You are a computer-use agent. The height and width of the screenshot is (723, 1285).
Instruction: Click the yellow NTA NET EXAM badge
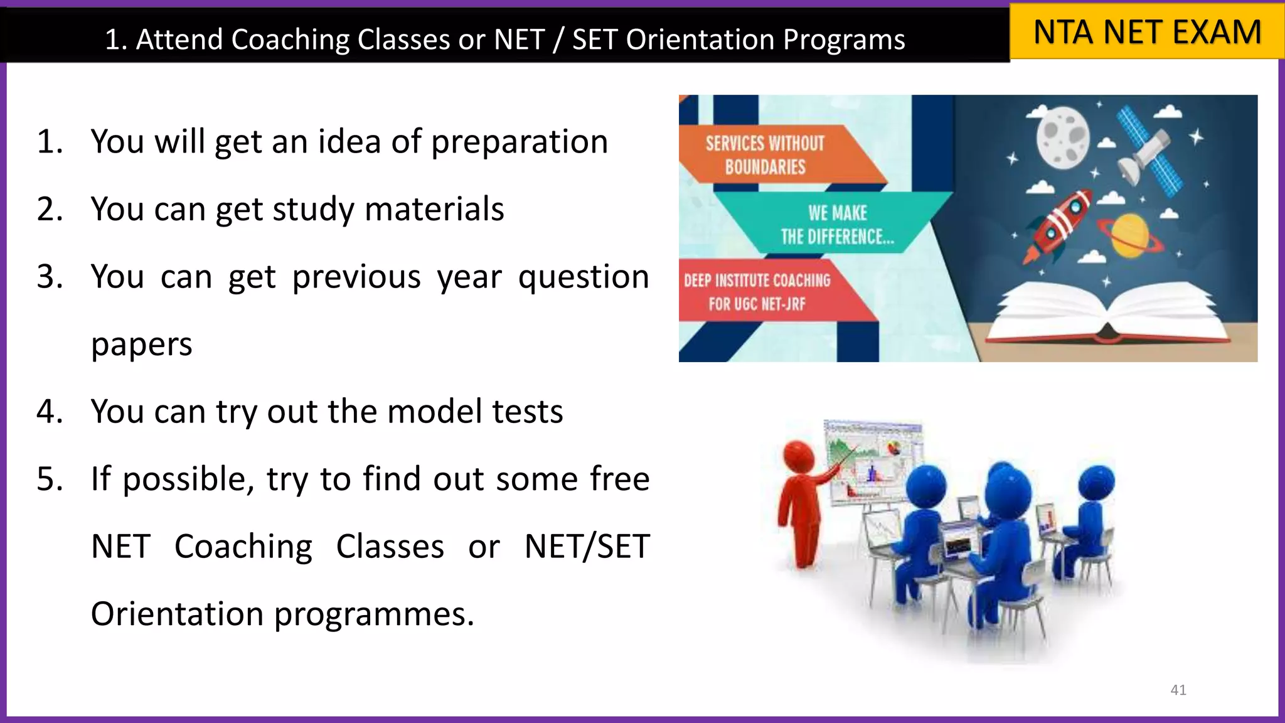pyautogui.click(x=1146, y=32)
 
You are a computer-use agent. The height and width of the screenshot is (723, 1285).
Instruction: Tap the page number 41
pyautogui.click(x=1178, y=690)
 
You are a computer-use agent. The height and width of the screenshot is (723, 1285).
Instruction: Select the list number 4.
pyautogui.click(x=50, y=412)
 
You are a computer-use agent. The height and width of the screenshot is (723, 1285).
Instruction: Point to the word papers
pyautogui.click(x=141, y=345)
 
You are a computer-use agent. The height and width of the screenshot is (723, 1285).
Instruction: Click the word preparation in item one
pyautogui.click(x=520, y=142)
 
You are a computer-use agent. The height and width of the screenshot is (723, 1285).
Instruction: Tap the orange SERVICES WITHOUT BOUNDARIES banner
pyautogui.click(x=765, y=155)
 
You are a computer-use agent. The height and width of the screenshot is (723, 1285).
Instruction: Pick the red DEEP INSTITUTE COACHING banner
pyautogui.click(x=757, y=292)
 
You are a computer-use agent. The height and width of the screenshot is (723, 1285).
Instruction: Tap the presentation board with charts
pyautogui.click(x=872, y=461)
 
